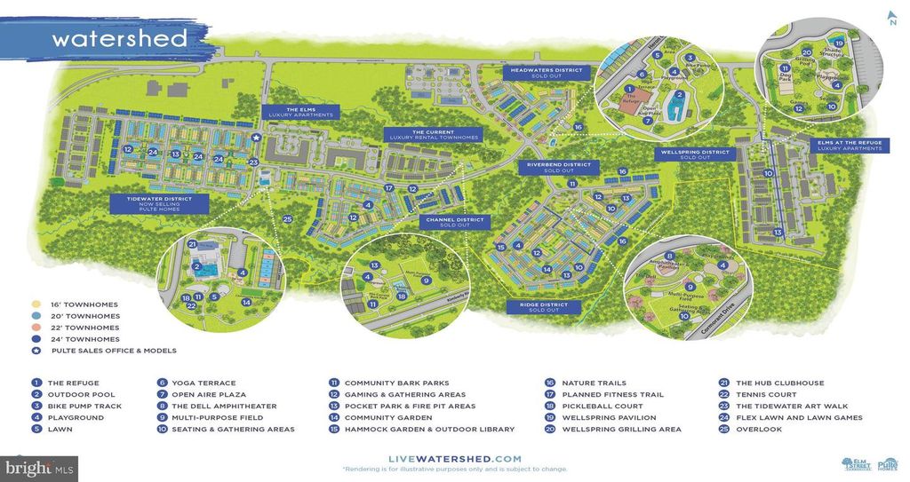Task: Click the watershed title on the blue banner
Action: tap(119, 39)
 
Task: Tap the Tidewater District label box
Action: tap(160, 203)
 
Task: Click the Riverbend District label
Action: tap(559, 167)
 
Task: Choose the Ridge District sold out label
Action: tap(545, 306)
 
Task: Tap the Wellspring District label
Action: tap(695, 154)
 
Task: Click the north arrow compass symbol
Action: tap(891, 17)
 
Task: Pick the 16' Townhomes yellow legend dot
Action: tap(36, 304)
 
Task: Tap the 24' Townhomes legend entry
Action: tap(80, 339)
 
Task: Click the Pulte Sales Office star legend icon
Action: tap(36, 351)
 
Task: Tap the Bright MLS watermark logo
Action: tap(39, 468)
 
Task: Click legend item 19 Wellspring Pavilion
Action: tap(604, 417)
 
